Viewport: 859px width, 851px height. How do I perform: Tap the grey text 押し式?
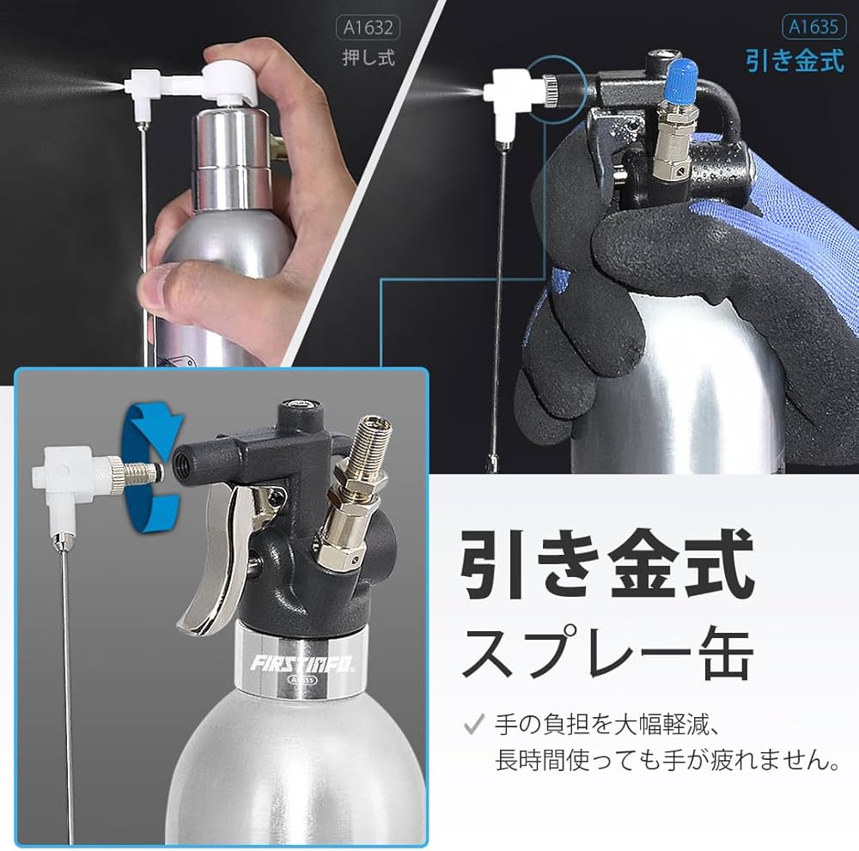[x=369, y=61]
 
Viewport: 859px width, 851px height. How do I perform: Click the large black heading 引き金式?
[x=606, y=565]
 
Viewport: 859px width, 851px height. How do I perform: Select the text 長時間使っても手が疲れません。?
[x=667, y=759]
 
